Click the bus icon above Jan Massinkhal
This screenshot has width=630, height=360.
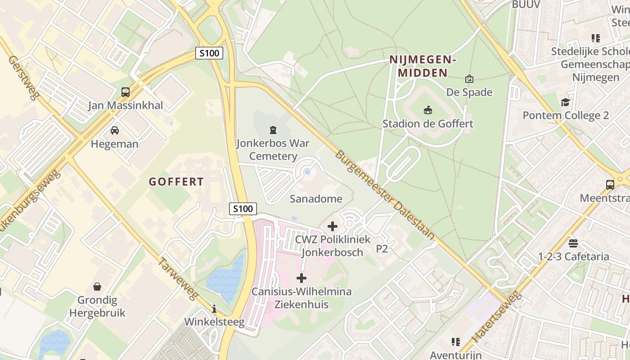coord(126,92)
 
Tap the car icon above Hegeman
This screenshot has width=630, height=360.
coord(115,130)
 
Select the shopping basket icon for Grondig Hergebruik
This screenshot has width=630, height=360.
coord(97,287)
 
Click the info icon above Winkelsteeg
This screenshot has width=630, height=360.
coord(214,309)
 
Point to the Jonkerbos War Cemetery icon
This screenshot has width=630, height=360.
coord(273,130)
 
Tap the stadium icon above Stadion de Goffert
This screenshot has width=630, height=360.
coord(427,110)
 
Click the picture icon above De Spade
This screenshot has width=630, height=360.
coord(469,79)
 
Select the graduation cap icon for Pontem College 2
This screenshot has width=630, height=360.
coord(565,102)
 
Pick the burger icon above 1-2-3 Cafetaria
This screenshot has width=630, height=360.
coord(573,243)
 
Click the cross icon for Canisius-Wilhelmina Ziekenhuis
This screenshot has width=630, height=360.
coord(301,278)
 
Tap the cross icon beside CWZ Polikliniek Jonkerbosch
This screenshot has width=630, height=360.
coord(333,226)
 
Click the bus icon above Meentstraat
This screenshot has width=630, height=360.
coord(610,184)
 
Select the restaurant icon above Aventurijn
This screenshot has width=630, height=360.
coord(456,342)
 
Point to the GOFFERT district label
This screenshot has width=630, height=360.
coord(176,182)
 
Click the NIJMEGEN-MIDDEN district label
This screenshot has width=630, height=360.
coord(423,66)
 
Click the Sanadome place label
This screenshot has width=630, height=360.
coord(316,198)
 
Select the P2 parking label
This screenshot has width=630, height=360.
coord(382,249)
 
